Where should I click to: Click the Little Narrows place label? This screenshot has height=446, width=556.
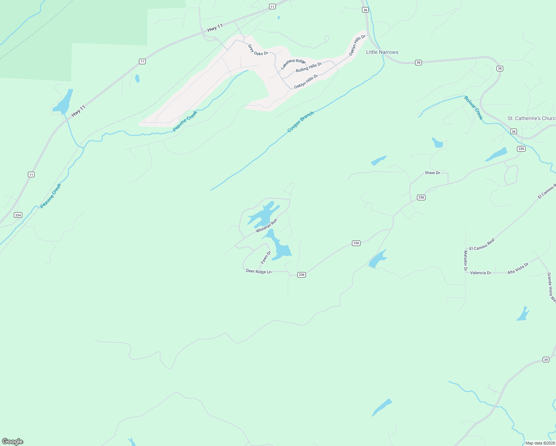(x=382, y=52)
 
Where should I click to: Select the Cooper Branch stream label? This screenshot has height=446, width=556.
(x=300, y=122)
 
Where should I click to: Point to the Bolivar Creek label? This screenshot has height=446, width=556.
(x=473, y=108)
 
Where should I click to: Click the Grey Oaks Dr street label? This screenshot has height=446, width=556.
(x=258, y=50)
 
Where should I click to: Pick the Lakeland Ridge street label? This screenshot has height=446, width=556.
(x=293, y=64)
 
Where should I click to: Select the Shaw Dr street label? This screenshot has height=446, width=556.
(x=432, y=173)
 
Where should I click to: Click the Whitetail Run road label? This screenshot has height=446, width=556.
(x=266, y=226)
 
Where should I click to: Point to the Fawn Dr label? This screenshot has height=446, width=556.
(x=266, y=258)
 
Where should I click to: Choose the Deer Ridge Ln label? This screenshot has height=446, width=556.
(x=259, y=271)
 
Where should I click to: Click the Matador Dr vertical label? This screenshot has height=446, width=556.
(x=465, y=261)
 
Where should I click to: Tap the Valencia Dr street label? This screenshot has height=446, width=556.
(x=481, y=273)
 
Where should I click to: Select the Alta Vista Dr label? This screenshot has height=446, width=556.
(x=518, y=268)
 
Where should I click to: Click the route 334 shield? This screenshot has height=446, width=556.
(x=18, y=215)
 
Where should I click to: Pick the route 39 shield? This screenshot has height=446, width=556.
(x=546, y=359)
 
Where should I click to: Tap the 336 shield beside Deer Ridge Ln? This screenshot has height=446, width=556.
(x=301, y=275)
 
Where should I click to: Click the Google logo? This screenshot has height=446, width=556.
(x=13, y=442)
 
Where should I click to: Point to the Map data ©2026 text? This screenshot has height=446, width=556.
(x=540, y=443)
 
